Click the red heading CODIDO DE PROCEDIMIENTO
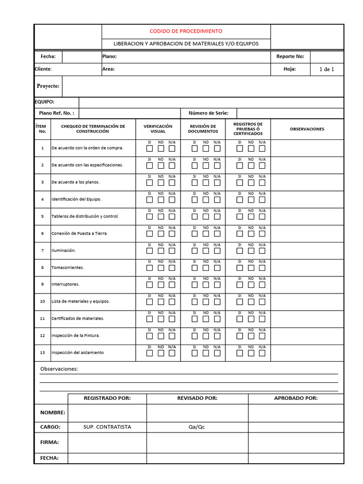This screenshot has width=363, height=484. pos(186,31)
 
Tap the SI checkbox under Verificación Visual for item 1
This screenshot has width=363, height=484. pos(149,148)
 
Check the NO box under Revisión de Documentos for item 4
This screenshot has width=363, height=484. pos(206,199)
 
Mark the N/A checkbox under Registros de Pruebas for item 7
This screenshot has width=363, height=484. pos(262,251)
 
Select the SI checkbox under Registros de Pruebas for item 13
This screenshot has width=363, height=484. pos(240,353)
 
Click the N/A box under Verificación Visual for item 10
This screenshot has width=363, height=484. pos(172,302)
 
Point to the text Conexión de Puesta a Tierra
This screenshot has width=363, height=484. pos(79,233)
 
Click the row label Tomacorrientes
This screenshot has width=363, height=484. pos(68,268)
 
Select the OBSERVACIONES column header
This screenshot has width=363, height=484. pos(307,129)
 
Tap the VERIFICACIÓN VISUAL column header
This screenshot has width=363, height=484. pos(158,129)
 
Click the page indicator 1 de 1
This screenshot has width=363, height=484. pos(327,69)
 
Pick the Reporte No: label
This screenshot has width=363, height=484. pos(290,57)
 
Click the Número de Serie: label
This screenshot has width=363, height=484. pos(208,113)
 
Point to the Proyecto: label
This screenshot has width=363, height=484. pos(48,86)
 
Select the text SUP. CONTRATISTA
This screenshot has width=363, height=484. pos(107,427)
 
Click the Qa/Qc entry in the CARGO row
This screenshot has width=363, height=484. pos(197,427)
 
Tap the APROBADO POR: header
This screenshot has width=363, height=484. pos(296,398)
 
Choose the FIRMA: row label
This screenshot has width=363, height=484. pos(50,442)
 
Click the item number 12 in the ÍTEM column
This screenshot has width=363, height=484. pos(42,336)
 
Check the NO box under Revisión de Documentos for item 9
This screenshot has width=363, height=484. pos(206,285)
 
